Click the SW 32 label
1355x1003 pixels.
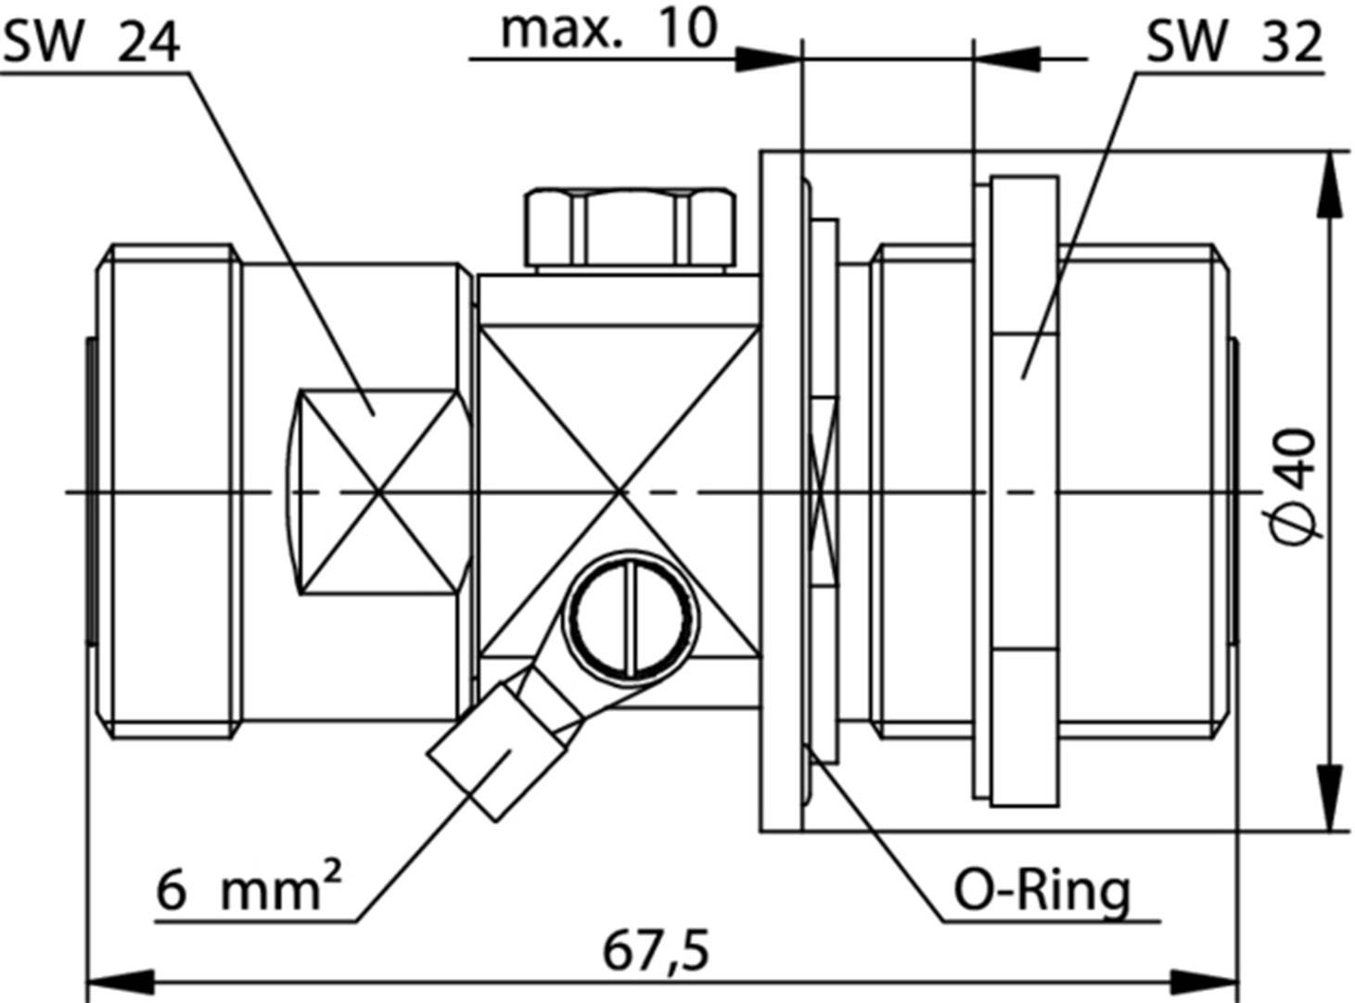coord(1233,42)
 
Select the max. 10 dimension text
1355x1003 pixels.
coord(608,30)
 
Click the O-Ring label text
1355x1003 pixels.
coord(1042,891)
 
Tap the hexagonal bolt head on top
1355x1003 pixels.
coord(631,227)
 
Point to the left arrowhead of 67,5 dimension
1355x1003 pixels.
coord(121,981)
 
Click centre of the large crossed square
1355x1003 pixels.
coord(620,491)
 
